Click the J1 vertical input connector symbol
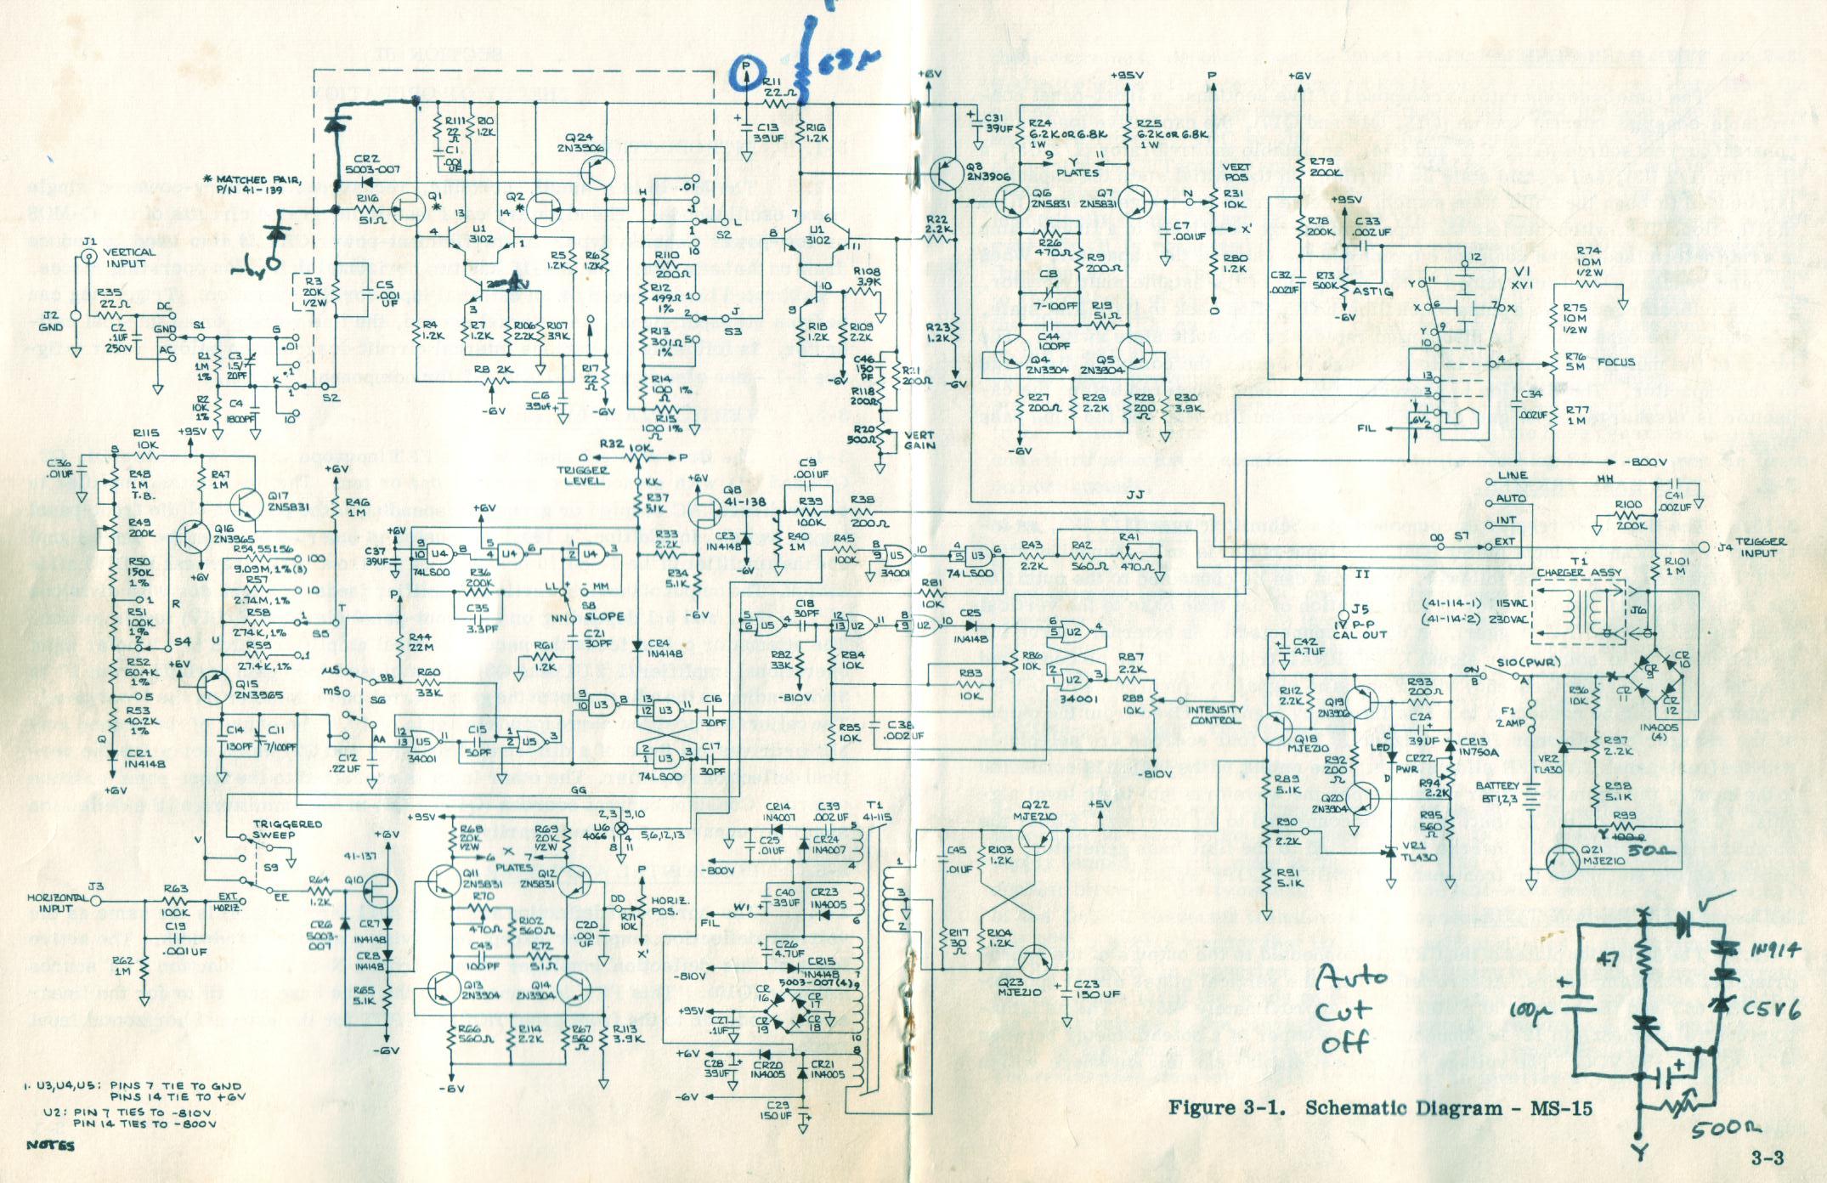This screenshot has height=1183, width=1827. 88,262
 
